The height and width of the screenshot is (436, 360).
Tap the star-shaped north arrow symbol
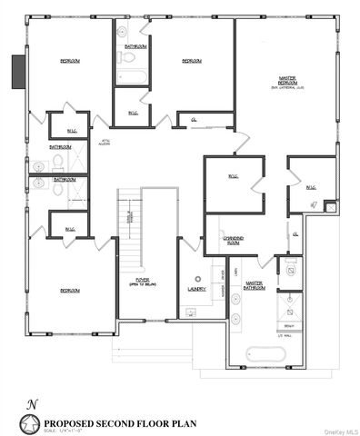[x=32, y=421]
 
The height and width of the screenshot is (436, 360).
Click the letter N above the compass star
[x=32, y=403]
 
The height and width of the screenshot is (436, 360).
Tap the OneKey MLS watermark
[x=335, y=430]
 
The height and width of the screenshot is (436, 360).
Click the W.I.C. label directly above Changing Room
[x=232, y=176]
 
